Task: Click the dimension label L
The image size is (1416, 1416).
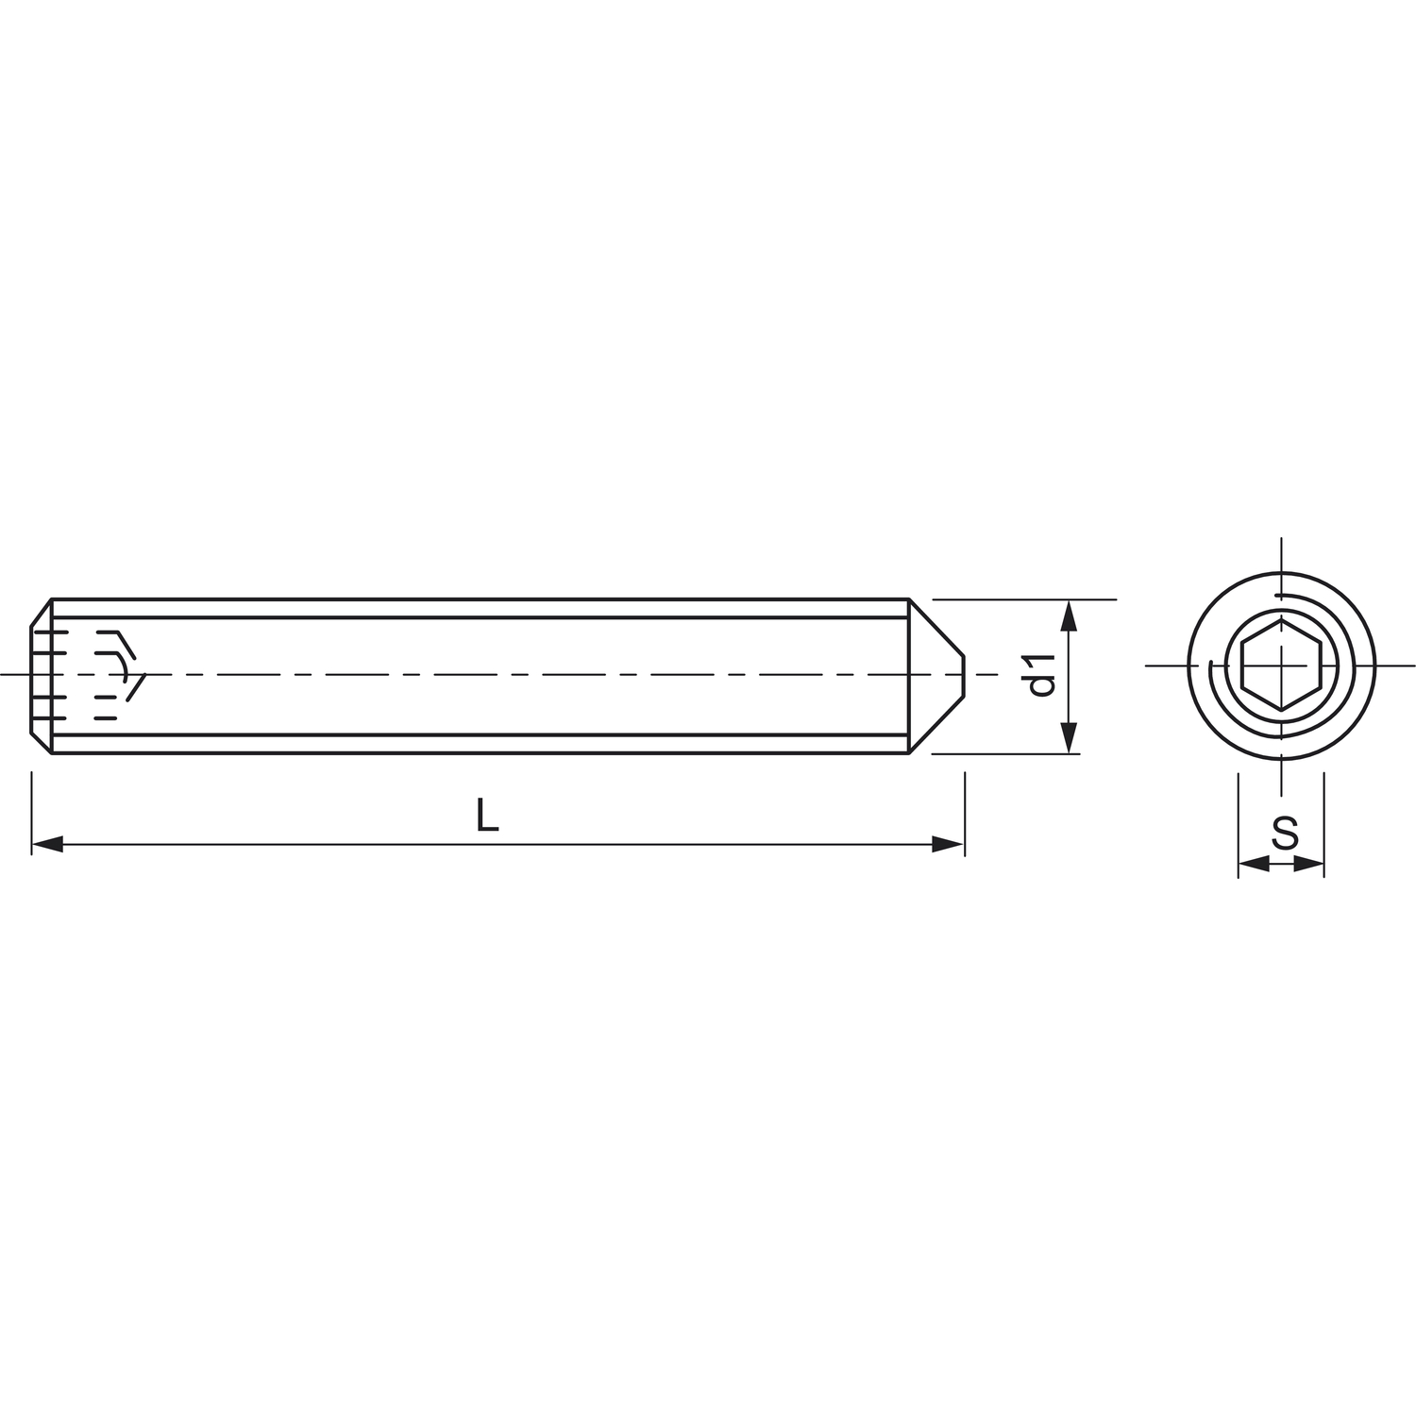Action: coord(486,816)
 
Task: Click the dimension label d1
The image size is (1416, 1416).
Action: coord(1041,675)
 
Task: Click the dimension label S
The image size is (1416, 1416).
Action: coord(1285,834)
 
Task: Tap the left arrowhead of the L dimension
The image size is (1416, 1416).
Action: coord(47,844)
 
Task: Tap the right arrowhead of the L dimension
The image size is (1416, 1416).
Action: coord(949,844)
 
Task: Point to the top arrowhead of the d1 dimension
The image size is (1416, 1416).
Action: coord(1069,615)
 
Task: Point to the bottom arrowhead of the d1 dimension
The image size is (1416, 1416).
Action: coord(1069,738)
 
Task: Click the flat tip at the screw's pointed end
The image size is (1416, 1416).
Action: coord(964,676)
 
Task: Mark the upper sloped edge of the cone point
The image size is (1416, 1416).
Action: coord(936,627)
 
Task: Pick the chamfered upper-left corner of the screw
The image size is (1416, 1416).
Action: coord(41,612)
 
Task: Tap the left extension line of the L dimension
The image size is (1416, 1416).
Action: coord(32,812)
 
